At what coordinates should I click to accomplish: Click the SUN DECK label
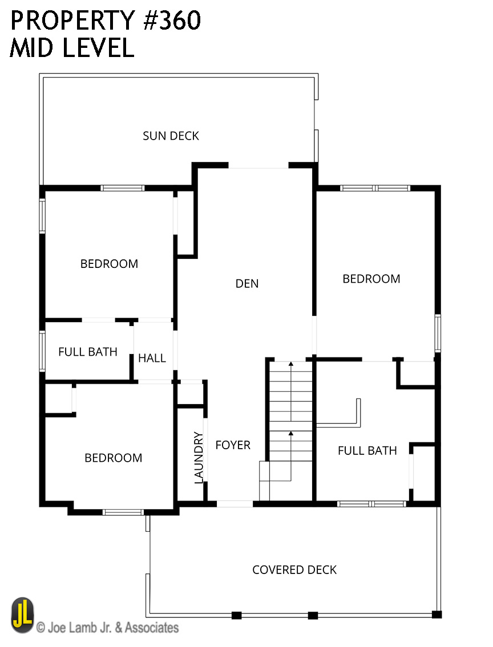tap(171, 136)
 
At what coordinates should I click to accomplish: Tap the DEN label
tap(247, 283)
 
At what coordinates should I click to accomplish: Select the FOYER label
tap(233, 445)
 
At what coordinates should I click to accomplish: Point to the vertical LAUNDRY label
tap(199, 457)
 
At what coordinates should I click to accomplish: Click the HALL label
tap(152, 358)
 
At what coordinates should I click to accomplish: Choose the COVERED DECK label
tap(294, 570)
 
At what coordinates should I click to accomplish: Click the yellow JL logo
tap(22, 615)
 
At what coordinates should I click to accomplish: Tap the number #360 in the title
tap(172, 21)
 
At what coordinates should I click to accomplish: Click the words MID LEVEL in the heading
tap(72, 47)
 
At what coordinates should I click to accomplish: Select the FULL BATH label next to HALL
tap(87, 352)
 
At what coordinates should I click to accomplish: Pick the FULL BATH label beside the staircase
tap(367, 450)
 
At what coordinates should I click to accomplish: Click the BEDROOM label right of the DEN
tap(371, 279)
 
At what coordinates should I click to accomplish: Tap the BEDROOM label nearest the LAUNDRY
tap(113, 458)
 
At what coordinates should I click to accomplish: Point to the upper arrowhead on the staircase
tap(290, 364)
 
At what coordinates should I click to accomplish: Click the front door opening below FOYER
tap(235, 504)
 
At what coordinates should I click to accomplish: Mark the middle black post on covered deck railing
tap(313, 616)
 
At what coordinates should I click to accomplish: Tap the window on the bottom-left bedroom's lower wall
tap(123, 512)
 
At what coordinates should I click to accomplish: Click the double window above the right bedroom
tap(375, 188)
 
